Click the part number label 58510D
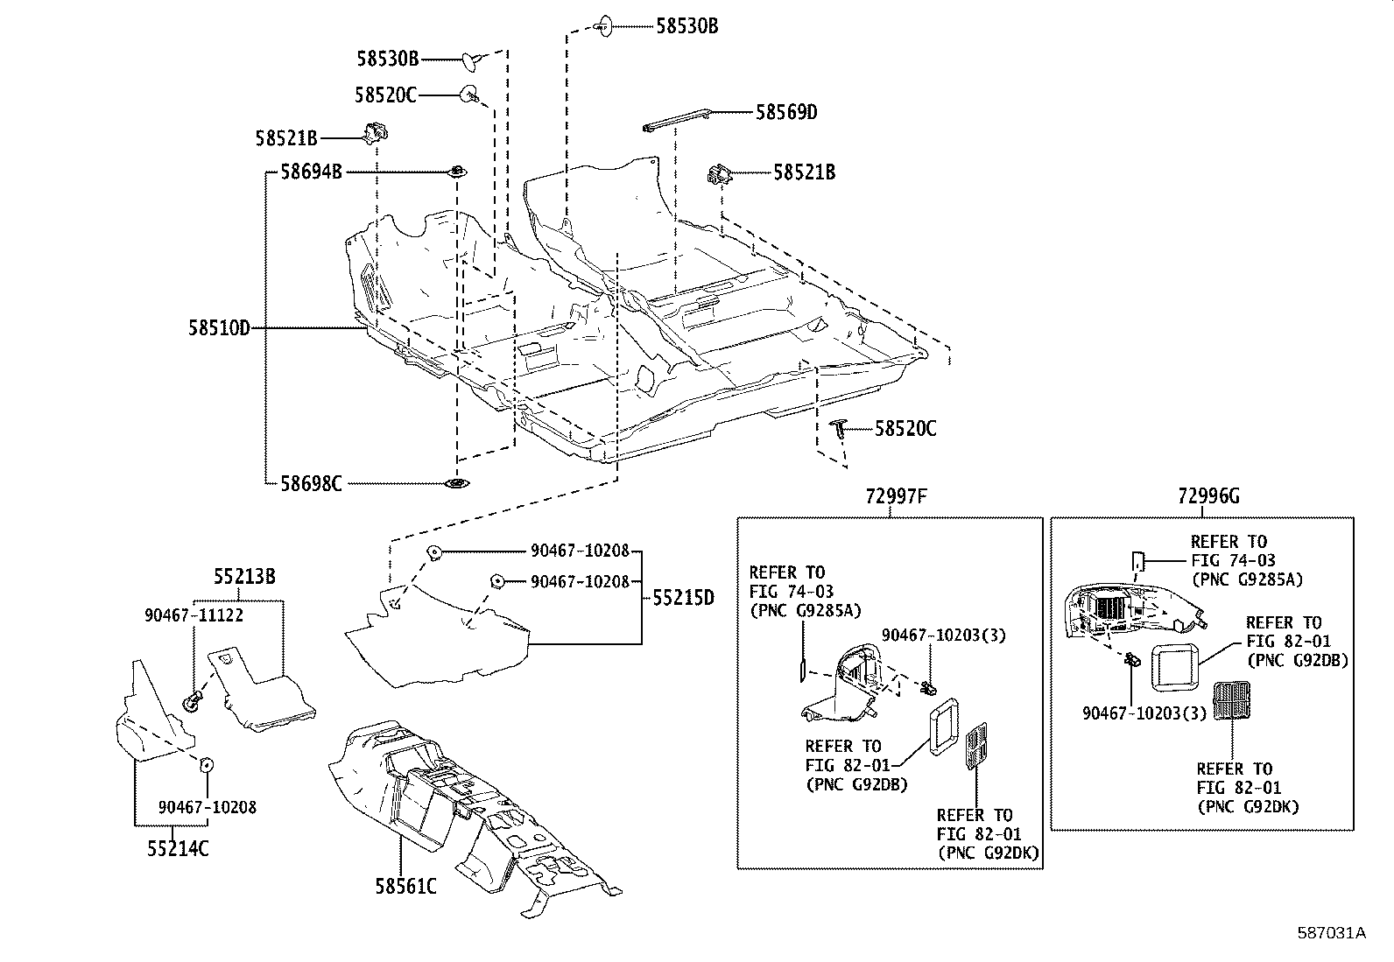pos(219,328)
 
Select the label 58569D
pos(785,112)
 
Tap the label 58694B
pos(311,172)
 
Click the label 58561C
pos(406,886)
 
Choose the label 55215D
pos(683,599)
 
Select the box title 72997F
pos(896,496)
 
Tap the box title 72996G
pos(1208,496)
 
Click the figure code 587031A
pos(1331,932)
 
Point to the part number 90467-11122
pos(194,615)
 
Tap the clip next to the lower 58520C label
pos(840,427)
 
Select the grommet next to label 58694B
pos(457,172)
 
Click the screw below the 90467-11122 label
pos(193,699)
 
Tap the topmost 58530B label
pos(686,26)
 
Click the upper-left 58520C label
pos(385,95)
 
